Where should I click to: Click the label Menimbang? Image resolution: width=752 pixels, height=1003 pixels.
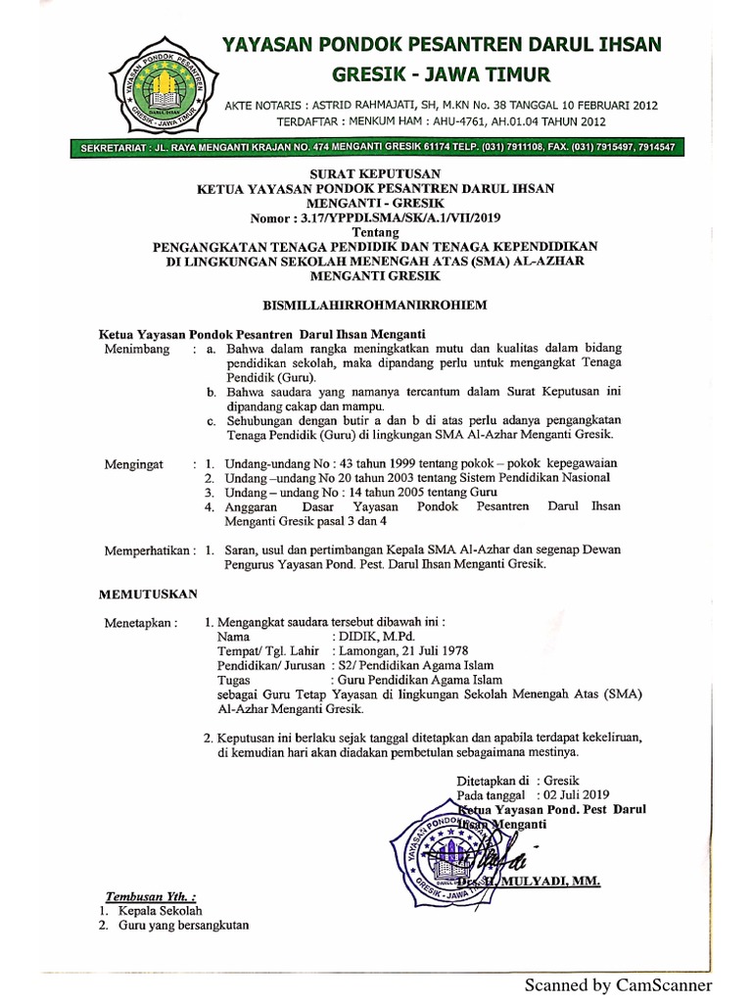pos(137,348)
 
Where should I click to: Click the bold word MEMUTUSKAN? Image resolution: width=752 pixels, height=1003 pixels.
pos(150,594)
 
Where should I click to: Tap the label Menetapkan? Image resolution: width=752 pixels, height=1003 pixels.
pos(141,622)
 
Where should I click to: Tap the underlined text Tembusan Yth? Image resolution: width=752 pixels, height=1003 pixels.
pos(150,896)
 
